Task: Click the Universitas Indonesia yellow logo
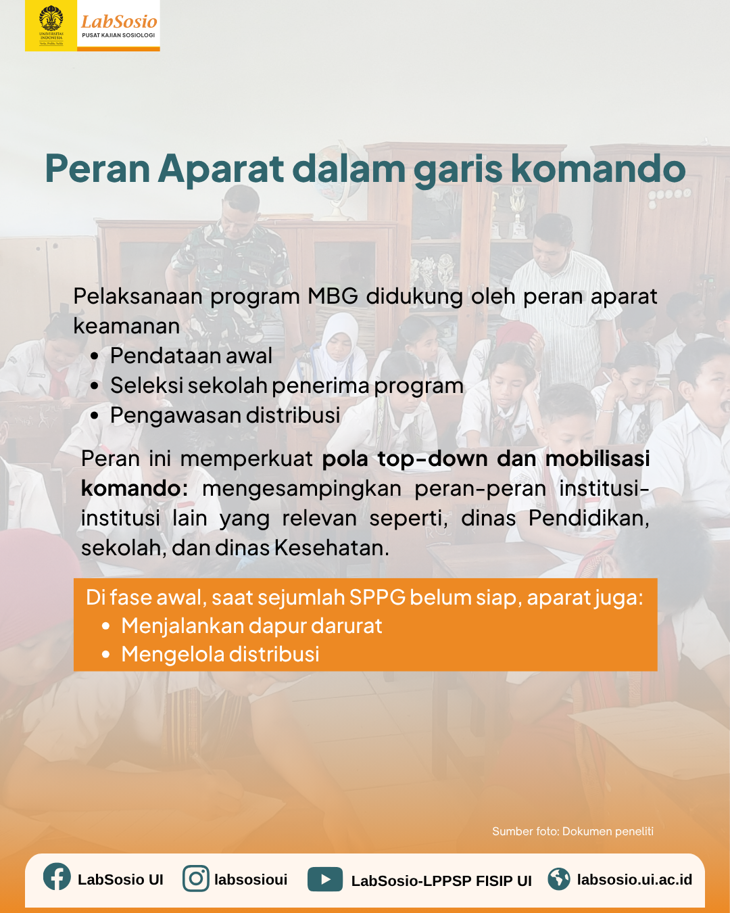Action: pyautogui.click(x=51, y=26)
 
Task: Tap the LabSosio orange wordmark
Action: pyautogui.click(x=119, y=22)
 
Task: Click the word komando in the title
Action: pyautogui.click(x=598, y=168)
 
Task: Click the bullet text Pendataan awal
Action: pyautogui.click(x=191, y=356)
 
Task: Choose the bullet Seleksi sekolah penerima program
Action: pyautogui.click(x=287, y=386)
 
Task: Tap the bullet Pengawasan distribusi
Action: pyautogui.click(x=225, y=415)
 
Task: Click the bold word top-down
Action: pyautogui.click(x=432, y=459)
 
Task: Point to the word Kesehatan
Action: pyautogui.click(x=332, y=548)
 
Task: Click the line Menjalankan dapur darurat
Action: pyautogui.click(x=251, y=626)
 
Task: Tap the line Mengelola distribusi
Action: pyautogui.click(x=220, y=654)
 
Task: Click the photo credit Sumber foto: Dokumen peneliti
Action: pyautogui.click(x=573, y=831)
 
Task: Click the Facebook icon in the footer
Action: pyautogui.click(x=57, y=876)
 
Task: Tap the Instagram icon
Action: pyautogui.click(x=195, y=879)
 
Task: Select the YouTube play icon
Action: pyautogui.click(x=325, y=879)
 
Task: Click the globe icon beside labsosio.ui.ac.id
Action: pyautogui.click(x=558, y=879)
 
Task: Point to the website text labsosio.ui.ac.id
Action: pyautogui.click(x=635, y=879)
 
